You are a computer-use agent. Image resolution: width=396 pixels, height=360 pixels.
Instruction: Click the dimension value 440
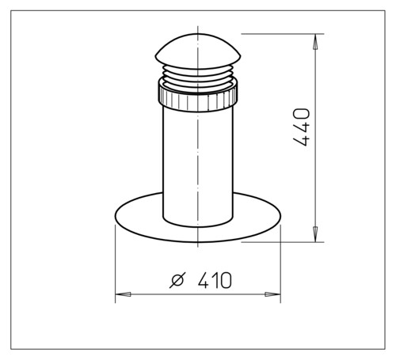(301, 127)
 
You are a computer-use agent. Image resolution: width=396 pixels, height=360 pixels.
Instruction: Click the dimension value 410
(215, 280)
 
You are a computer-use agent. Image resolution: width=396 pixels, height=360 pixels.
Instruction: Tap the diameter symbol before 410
(177, 280)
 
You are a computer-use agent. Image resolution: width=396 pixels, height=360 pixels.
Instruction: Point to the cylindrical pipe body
(198, 166)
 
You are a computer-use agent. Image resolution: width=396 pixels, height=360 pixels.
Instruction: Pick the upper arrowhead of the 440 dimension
(315, 42)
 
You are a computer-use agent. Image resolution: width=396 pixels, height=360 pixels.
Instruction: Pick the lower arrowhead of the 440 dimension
(315, 233)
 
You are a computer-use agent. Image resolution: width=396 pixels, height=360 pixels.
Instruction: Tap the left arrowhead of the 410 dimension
(123, 294)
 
